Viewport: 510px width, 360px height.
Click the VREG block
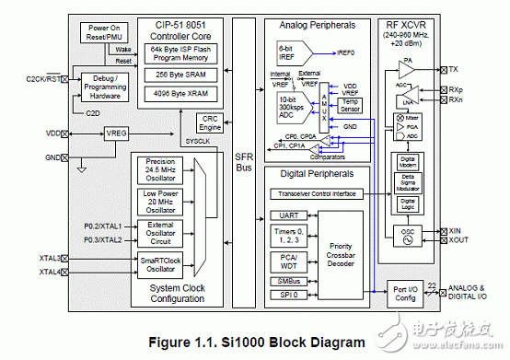[116, 134]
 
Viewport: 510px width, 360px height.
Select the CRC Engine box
[209, 122]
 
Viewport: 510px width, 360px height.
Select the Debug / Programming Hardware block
[105, 87]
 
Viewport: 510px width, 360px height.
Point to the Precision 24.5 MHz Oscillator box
[159, 169]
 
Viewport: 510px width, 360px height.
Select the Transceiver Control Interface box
[316, 194]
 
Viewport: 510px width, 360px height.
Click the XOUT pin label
[458, 238]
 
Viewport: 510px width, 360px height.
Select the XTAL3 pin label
[50, 259]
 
